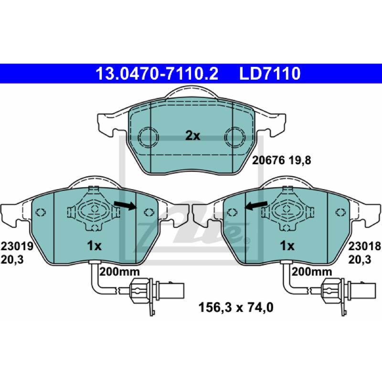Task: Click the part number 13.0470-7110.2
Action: [157, 74]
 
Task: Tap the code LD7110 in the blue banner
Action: [270, 74]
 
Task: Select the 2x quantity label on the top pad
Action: [192, 136]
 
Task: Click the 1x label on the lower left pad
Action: [94, 246]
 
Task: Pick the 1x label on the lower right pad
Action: [287, 246]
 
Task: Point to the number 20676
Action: [268, 160]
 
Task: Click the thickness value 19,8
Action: [300, 160]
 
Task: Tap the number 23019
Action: [17, 246]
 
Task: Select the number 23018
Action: [364, 246]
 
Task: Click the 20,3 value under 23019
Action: [12, 260]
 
